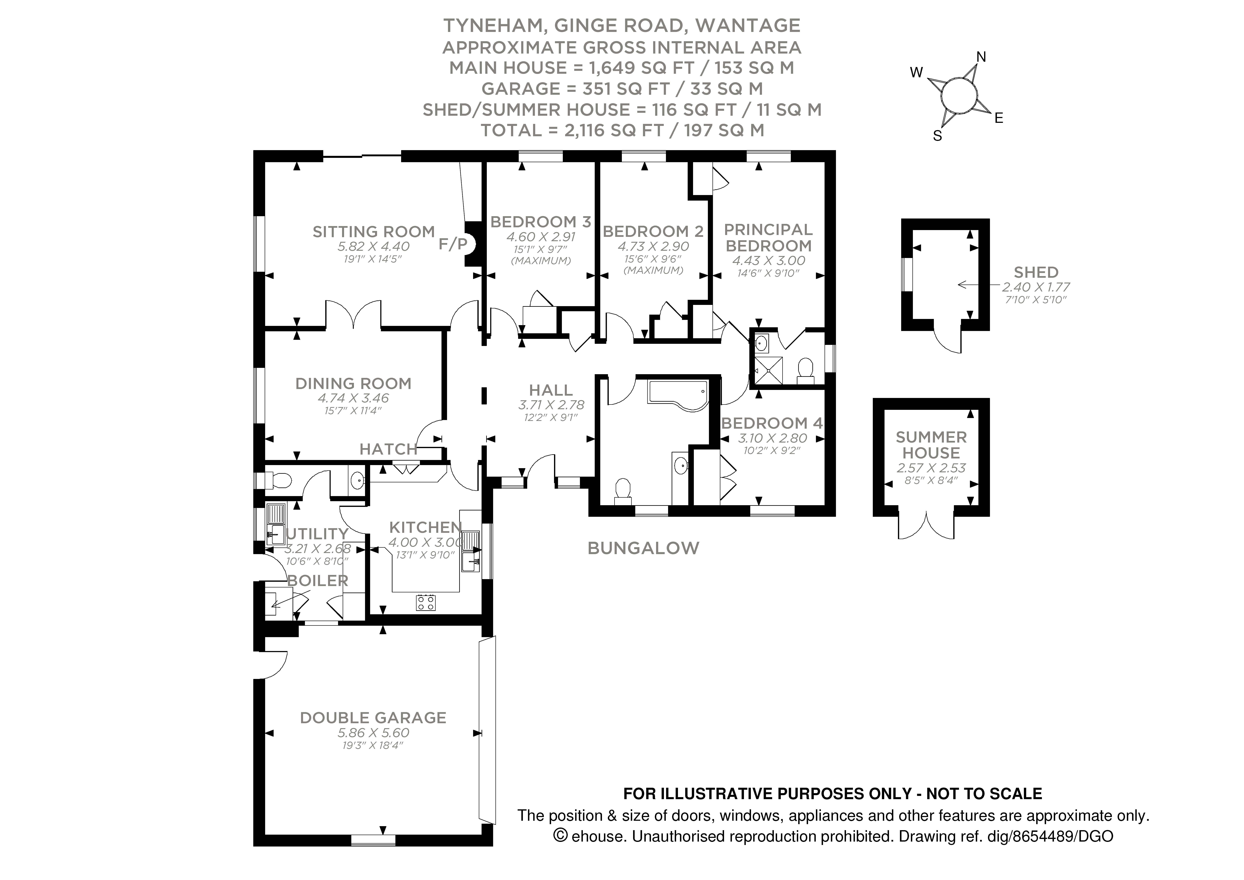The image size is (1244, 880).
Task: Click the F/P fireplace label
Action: pos(452,245)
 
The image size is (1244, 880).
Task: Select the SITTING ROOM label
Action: pos(373,232)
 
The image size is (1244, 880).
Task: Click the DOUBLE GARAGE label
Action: pos(373,718)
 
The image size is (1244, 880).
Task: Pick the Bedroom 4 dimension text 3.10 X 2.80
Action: pos(772,438)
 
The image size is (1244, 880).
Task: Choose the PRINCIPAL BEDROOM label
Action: pos(768,237)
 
